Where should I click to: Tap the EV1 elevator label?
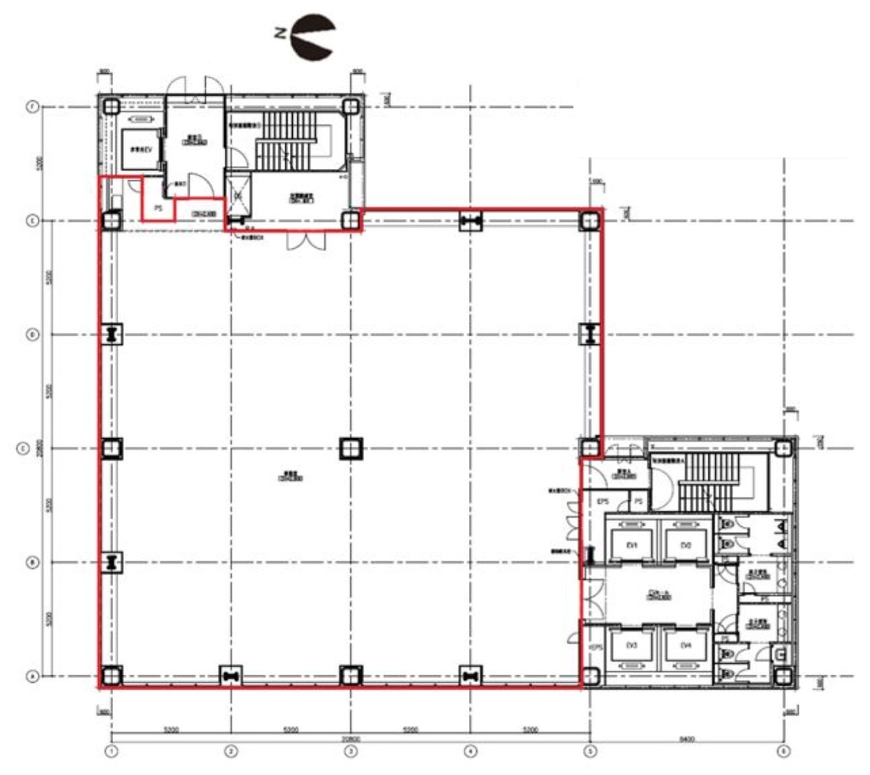coord(631,545)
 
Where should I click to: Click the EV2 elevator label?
coord(686,545)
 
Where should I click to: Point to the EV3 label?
coord(631,645)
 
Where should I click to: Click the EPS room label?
coord(602,502)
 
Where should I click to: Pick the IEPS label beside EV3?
coord(595,647)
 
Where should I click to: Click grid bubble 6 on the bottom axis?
coord(783,752)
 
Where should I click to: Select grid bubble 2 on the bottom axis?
coord(231,752)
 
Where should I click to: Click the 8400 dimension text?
coord(687,740)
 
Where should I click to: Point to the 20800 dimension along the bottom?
coord(350,739)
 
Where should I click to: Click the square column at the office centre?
coord(351,449)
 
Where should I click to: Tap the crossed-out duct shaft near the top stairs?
coord(237,196)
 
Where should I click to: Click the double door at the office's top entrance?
coord(304,240)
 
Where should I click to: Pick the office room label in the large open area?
coord(292,477)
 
